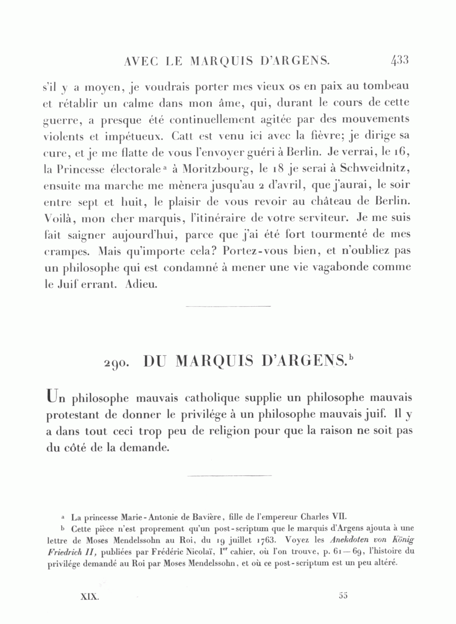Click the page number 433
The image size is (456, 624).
point(399,61)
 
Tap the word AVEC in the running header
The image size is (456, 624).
point(140,61)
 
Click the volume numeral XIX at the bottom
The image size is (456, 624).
point(90,597)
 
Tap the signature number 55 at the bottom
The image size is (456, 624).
point(343,596)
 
